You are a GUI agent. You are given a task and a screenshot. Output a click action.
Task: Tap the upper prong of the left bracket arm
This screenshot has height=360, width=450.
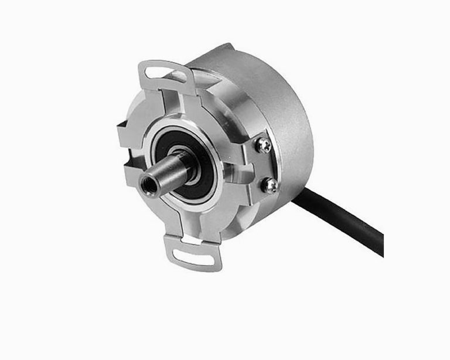click(x=126, y=132)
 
